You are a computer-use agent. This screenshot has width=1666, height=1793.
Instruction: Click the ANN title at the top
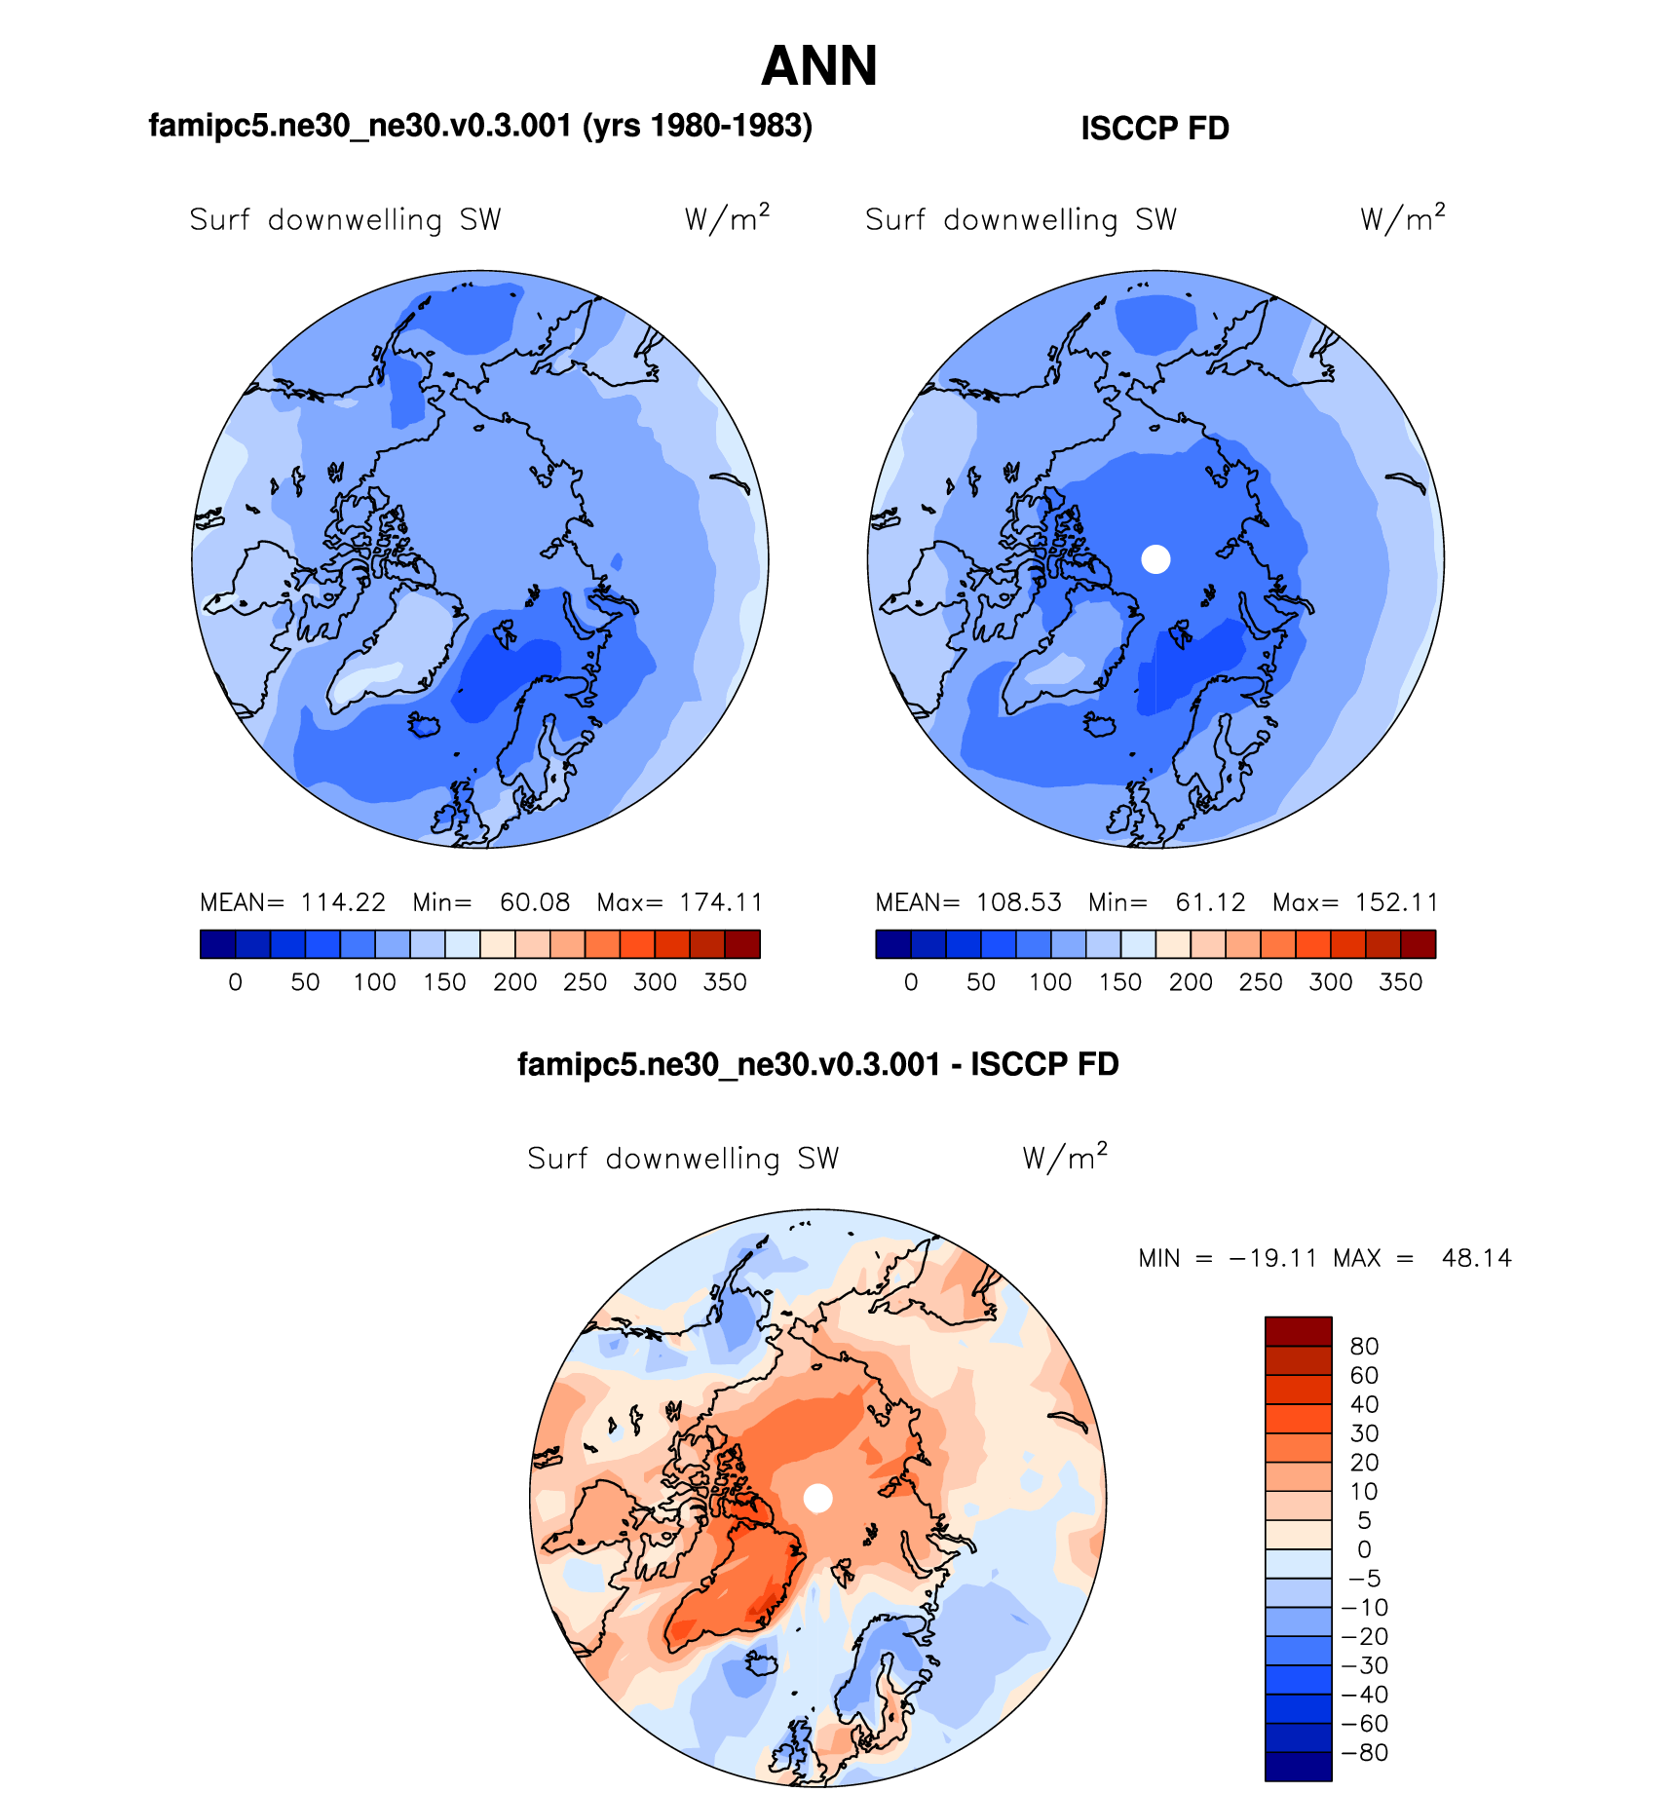819,66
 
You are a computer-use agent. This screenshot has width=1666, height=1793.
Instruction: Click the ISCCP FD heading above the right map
1155,129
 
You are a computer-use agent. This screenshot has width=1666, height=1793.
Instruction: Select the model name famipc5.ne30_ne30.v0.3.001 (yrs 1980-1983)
480,126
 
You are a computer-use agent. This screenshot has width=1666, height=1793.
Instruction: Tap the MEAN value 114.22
343,902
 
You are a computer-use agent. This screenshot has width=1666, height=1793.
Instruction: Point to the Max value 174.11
721,902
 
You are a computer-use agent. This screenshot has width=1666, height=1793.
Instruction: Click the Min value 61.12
1210,902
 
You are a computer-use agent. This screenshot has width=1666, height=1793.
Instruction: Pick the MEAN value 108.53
1019,902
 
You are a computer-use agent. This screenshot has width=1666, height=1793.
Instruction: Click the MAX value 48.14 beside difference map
1476,1258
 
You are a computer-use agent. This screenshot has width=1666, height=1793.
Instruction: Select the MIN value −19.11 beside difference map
1273,1258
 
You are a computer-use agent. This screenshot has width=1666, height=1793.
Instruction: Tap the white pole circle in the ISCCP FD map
1155,559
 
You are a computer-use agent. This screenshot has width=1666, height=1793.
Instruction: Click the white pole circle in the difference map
818,1498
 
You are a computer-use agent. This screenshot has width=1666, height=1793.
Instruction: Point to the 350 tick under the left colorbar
725,982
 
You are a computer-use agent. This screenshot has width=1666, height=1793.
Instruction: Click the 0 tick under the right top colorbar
911,982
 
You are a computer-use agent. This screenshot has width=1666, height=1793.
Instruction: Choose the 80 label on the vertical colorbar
1364,1347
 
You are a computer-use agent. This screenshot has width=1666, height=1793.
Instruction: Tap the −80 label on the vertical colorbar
1366,1753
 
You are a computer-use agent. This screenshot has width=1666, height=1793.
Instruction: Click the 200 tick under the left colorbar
514,982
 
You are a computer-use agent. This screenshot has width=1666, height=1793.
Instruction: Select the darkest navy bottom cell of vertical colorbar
1298,1767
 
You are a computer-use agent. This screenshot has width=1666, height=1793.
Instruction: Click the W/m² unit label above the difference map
1065,1157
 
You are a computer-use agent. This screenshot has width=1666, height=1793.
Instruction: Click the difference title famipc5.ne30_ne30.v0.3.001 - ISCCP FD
817,1064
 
